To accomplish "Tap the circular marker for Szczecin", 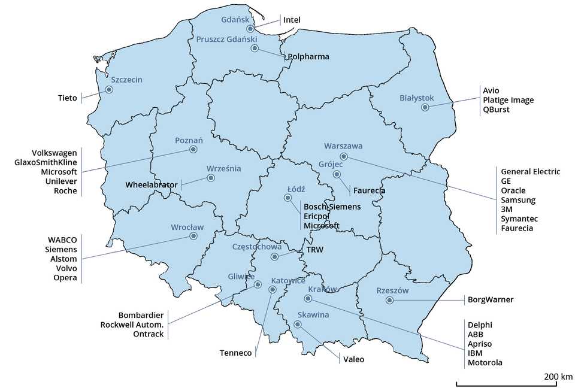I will [x=109, y=90].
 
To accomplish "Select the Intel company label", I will [x=292, y=20].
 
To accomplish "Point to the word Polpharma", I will [x=308, y=57].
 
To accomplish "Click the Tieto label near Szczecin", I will [x=68, y=98].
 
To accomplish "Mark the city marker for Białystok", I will [x=425, y=108].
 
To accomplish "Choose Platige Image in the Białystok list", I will [x=508, y=100].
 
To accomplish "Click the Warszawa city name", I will [x=343, y=146].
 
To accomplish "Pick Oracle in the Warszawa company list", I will [x=513, y=190].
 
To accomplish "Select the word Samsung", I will [x=518, y=200].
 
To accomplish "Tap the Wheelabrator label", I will [x=152, y=185].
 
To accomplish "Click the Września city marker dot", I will [x=210, y=178].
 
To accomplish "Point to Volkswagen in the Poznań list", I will [x=55, y=152].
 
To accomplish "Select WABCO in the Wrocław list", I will [x=62, y=239].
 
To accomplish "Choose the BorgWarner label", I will [x=491, y=299].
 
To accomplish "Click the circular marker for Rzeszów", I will [x=389, y=301].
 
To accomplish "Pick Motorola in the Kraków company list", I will [x=485, y=362].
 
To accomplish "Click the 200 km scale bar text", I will [x=558, y=377].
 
